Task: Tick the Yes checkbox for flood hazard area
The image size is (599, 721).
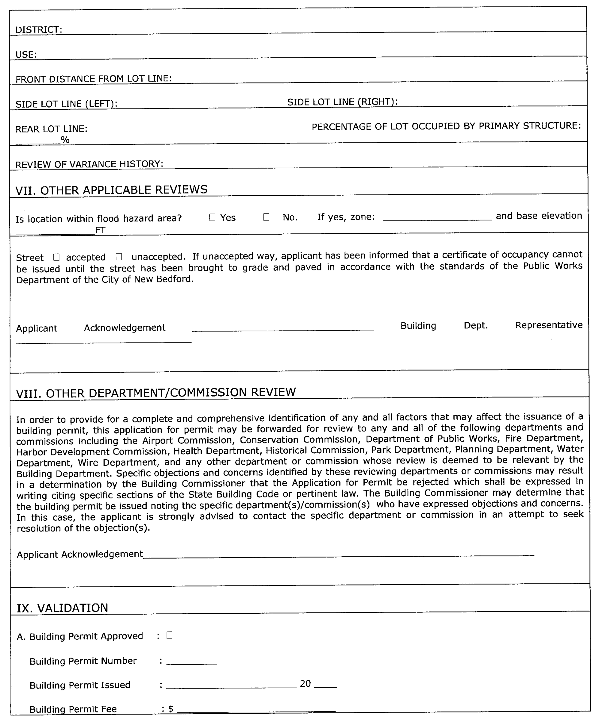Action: point(212,217)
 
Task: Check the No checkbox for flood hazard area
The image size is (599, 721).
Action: point(266,217)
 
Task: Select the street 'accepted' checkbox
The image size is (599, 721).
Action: point(57,257)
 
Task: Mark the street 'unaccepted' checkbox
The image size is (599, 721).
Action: point(119,257)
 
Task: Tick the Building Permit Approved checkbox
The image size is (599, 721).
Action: point(169,635)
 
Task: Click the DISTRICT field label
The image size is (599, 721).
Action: point(39,30)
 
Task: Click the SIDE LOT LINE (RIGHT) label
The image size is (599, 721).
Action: point(342,102)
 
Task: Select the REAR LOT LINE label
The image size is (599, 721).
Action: point(51,129)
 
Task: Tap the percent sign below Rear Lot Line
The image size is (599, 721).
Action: point(65,139)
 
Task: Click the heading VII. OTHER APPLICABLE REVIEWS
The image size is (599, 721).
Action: point(112,190)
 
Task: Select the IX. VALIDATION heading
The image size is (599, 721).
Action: point(62,608)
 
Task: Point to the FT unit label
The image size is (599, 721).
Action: point(100,230)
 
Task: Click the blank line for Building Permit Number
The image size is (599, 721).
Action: point(191,662)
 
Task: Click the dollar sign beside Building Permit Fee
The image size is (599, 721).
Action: point(170,709)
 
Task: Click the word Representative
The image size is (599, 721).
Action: point(549,325)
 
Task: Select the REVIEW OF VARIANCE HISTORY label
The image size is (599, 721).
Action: point(89,164)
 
